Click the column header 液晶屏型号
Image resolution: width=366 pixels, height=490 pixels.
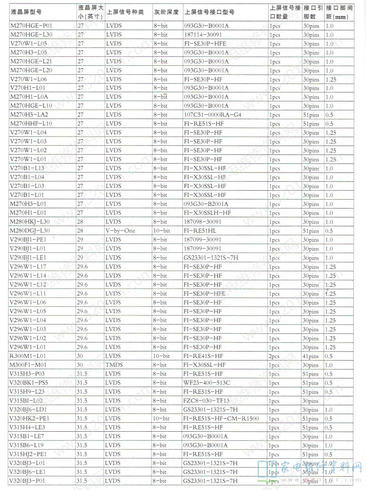[x=26, y=12]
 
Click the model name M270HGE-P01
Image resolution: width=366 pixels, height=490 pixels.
[x=31, y=26]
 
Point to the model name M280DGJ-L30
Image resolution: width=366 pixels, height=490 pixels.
[x=30, y=231]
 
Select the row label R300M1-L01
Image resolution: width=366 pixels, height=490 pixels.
[x=27, y=356]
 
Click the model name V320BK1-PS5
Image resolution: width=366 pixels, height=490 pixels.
[x=29, y=383]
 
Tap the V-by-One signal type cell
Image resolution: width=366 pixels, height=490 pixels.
[x=120, y=231]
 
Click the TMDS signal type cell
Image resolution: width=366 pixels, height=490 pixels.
[x=114, y=365]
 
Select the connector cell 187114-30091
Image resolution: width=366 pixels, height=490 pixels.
[x=203, y=35]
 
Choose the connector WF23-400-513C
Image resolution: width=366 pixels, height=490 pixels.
[x=206, y=383]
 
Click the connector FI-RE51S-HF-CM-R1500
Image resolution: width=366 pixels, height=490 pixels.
[x=221, y=419]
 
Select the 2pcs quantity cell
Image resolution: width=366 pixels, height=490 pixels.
[x=274, y=356]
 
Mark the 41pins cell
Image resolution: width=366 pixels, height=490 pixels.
[x=311, y=356]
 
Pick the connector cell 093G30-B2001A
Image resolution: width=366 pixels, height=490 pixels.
[x=206, y=204]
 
